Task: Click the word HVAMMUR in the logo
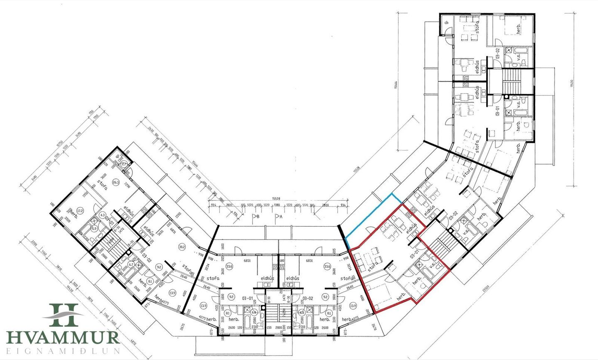click(x=63, y=336)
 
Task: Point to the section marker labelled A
click(x=278, y=216)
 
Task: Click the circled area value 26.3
click(x=116, y=182)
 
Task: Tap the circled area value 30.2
click(x=182, y=247)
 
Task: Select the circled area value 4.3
click(x=102, y=215)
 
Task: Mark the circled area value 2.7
click(x=124, y=165)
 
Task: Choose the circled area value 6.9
click(x=94, y=229)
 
